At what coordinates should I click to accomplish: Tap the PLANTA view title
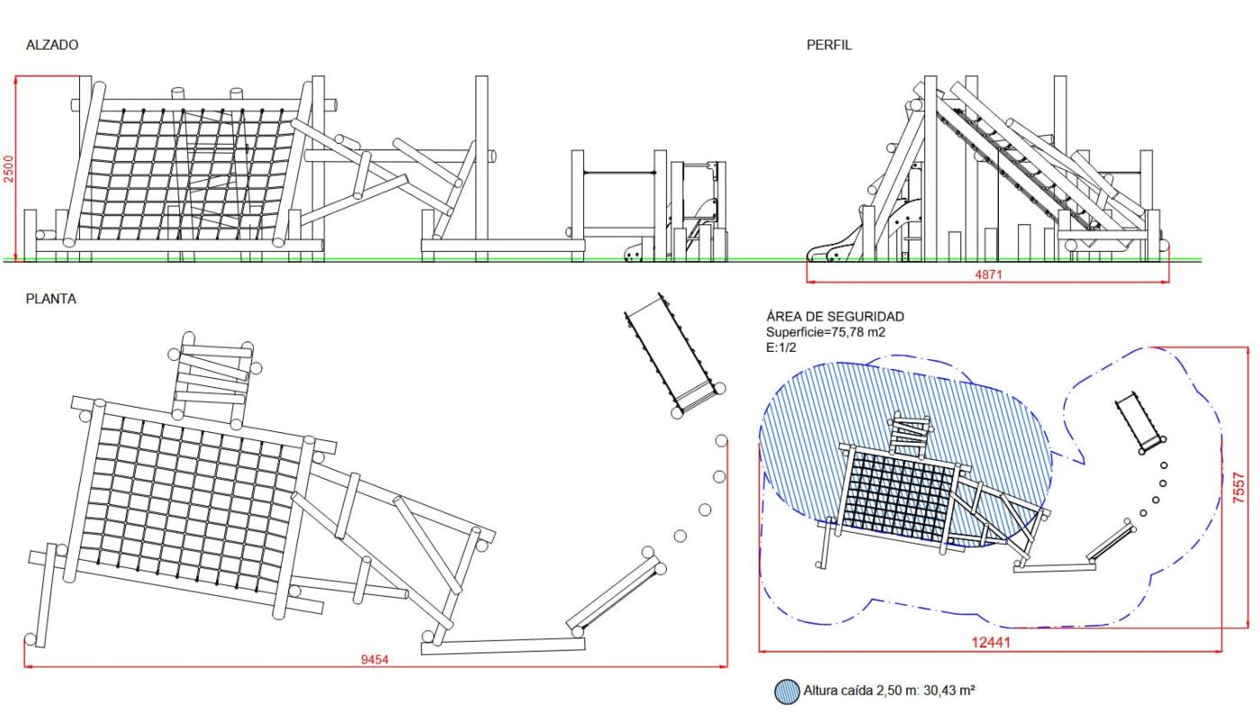tap(50, 300)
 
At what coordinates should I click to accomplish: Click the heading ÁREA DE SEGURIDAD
tap(834, 317)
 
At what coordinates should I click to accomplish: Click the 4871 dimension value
tap(987, 274)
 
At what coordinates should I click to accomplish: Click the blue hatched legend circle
tap(785, 691)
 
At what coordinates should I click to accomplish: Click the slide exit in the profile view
tap(828, 252)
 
